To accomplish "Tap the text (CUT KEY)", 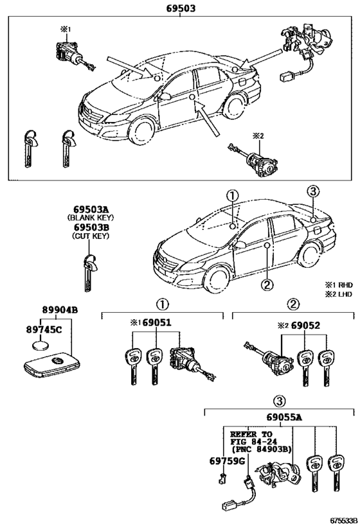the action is [x=91, y=236].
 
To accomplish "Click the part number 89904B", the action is [x=60, y=310].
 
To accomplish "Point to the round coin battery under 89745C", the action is [x=40, y=345].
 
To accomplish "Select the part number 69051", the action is [x=156, y=322].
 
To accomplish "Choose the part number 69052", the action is [x=305, y=326].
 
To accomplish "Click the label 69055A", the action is [x=284, y=417].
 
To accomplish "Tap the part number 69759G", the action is [x=227, y=461].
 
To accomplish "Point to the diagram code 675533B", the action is [x=342, y=521].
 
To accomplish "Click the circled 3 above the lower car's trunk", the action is [x=312, y=191].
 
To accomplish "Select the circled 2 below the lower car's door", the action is [x=267, y=285].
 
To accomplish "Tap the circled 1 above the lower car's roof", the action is [x=232, y=195].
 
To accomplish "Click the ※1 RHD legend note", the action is [x=338, y=285].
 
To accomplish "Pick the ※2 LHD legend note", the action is [x=338, y=294].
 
